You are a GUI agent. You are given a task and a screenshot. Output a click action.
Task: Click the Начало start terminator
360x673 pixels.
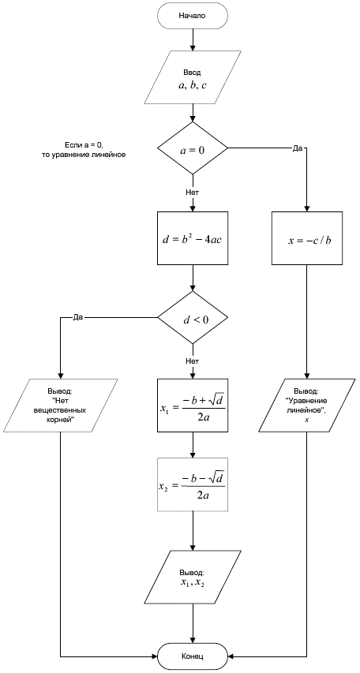[x=193, y=16]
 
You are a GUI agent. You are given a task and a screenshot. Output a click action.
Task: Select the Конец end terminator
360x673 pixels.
[x=193, y=656]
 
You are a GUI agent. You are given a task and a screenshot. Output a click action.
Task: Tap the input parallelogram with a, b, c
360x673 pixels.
[x=193, y=77]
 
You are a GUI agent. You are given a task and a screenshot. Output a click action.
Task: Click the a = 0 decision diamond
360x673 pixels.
[x=193, y=148]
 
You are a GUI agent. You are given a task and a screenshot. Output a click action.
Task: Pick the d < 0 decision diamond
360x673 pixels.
[x=193, y=318]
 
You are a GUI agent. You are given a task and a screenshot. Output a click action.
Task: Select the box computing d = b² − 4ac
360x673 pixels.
[x=193, y=237]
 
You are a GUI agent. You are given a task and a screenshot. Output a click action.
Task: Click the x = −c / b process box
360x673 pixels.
[x=307, y=237]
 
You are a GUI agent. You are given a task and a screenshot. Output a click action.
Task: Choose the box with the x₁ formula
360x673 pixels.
[x=193, y=406]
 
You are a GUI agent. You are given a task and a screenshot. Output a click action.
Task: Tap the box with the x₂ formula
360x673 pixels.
[x=193, y=484]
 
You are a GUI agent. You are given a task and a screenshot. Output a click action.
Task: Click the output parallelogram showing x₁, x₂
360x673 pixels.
[x=193, y=577]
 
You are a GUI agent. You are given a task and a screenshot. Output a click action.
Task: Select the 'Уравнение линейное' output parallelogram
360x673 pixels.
[x=307, y=406]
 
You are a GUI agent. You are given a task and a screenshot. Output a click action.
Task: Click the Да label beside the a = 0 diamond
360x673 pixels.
[x=298, y=148]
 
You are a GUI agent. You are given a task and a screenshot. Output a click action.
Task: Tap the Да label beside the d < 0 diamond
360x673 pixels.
[x=77, y=318]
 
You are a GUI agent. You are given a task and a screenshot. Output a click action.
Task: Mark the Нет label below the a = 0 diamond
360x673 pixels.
[x=192, y=192]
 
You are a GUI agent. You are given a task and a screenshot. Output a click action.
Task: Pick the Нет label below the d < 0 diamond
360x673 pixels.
[x=192, y=361]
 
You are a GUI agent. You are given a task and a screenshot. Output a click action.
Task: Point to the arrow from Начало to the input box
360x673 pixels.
[x=193, y=39]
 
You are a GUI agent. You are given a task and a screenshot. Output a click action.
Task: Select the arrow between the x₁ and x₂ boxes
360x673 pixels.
[x=193, y=445]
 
